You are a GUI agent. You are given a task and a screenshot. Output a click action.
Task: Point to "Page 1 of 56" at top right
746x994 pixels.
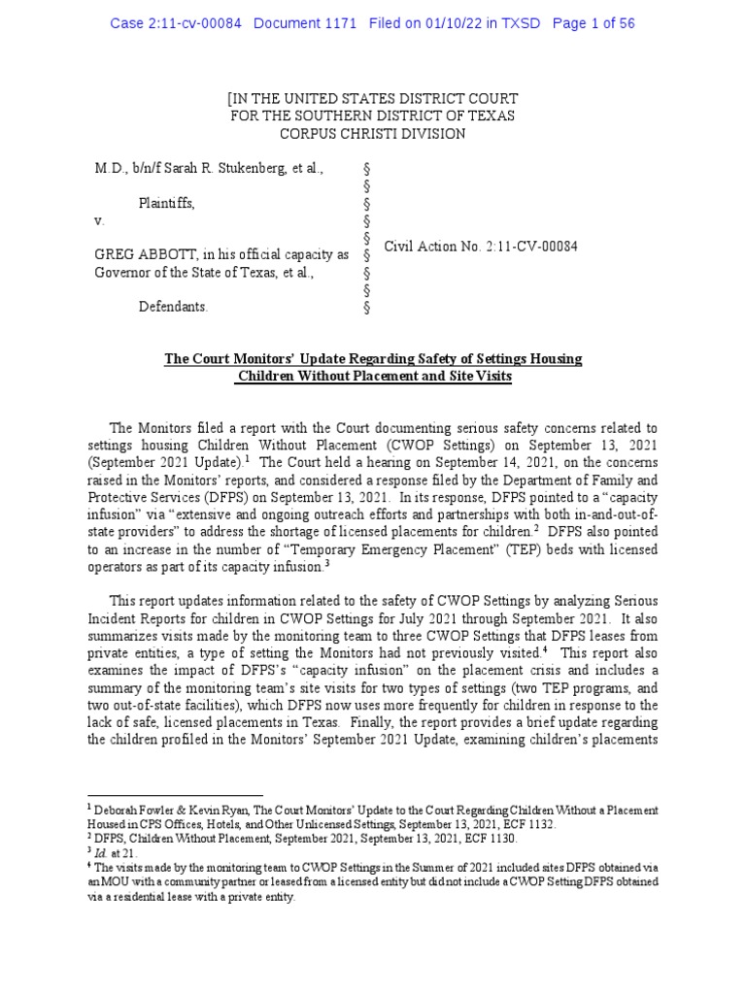coord(593,23)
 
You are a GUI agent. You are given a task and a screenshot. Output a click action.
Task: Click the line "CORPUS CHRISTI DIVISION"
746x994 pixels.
coord(372,134)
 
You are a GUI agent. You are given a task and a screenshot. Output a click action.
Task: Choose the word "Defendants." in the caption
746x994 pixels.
coord(172,307)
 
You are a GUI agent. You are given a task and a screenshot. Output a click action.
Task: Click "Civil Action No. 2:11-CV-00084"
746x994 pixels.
coord(481,247)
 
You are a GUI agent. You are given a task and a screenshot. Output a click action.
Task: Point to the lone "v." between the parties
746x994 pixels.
coord(98,220)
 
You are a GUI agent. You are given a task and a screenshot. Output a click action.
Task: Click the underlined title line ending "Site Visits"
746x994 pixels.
coord(372,377)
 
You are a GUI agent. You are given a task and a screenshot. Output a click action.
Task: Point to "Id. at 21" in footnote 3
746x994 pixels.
coord(113,853)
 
